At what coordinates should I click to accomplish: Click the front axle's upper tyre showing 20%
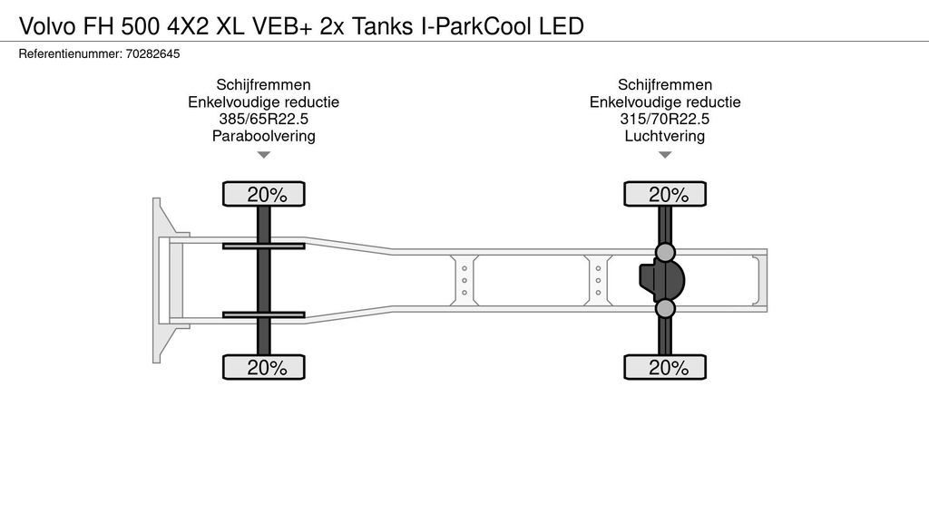264,194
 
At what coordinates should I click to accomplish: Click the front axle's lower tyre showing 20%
264,367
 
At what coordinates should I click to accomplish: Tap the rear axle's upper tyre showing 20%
665,194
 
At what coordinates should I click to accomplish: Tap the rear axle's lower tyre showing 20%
665,367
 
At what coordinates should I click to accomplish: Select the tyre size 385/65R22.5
264,119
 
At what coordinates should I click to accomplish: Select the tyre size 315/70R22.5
665,119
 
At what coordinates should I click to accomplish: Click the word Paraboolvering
264,136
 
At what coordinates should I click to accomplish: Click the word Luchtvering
665,136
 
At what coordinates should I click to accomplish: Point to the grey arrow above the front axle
264,155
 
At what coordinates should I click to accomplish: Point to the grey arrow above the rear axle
665,155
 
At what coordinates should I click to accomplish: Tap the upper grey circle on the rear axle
665,252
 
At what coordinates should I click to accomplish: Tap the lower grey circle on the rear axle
665,308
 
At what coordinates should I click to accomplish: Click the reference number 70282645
152,53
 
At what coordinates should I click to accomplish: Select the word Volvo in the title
48,26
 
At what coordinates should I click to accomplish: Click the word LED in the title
562,26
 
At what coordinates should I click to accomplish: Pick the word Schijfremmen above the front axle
264,84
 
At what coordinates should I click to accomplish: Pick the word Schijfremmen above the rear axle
665,84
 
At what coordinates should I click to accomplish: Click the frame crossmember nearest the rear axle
599,281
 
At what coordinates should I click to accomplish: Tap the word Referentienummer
70,53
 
